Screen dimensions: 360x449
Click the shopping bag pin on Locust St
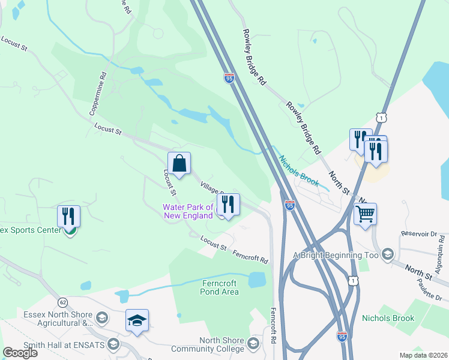tap(179, 163)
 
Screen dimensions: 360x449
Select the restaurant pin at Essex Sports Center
tap(69, 217)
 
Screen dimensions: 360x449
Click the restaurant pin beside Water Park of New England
tap(228, 205)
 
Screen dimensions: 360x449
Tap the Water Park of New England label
tap(188, 211)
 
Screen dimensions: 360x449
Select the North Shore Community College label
tap(208, 344)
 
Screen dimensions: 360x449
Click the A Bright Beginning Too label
tap(336, 255)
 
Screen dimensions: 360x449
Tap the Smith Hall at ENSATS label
tap(58, 345)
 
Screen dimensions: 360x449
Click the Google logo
tap(20, 353)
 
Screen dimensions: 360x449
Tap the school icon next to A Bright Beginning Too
tap(387, 255)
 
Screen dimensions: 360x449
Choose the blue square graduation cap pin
tap(137, 320)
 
